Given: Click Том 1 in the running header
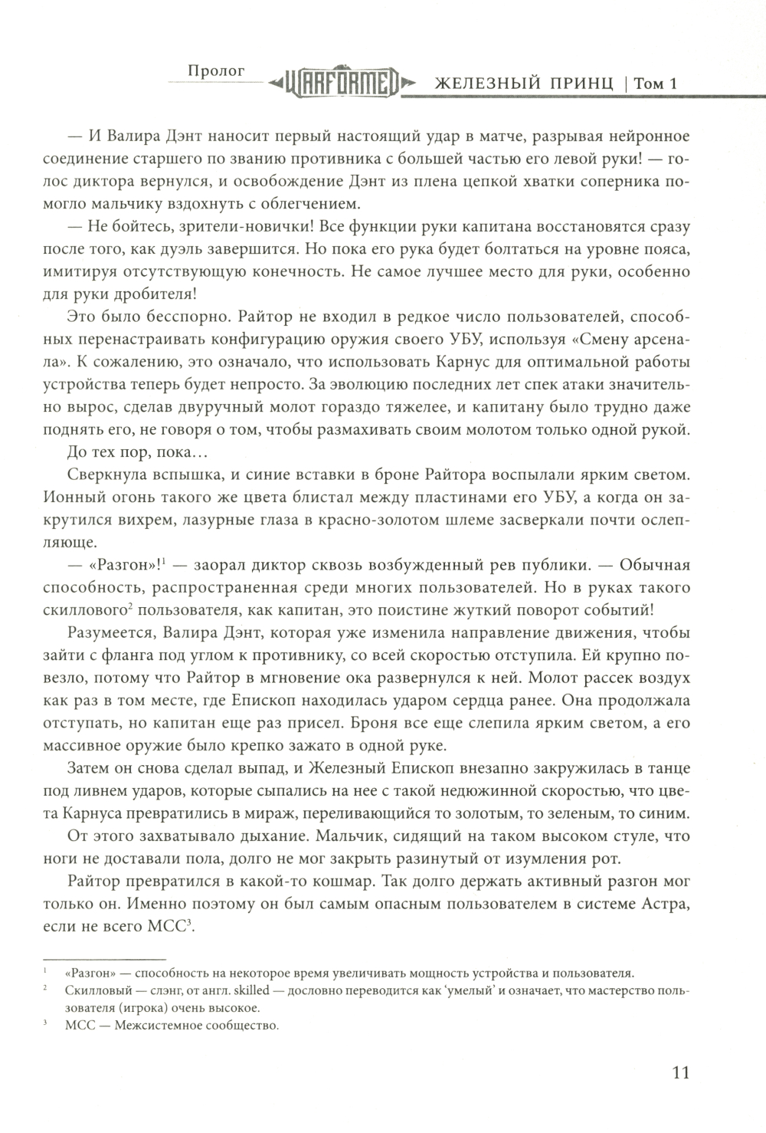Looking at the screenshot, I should (x=657, y=84).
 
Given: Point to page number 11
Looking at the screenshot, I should (x=680, y=1071).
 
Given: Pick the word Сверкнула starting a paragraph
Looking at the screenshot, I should (x=103, y=475).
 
